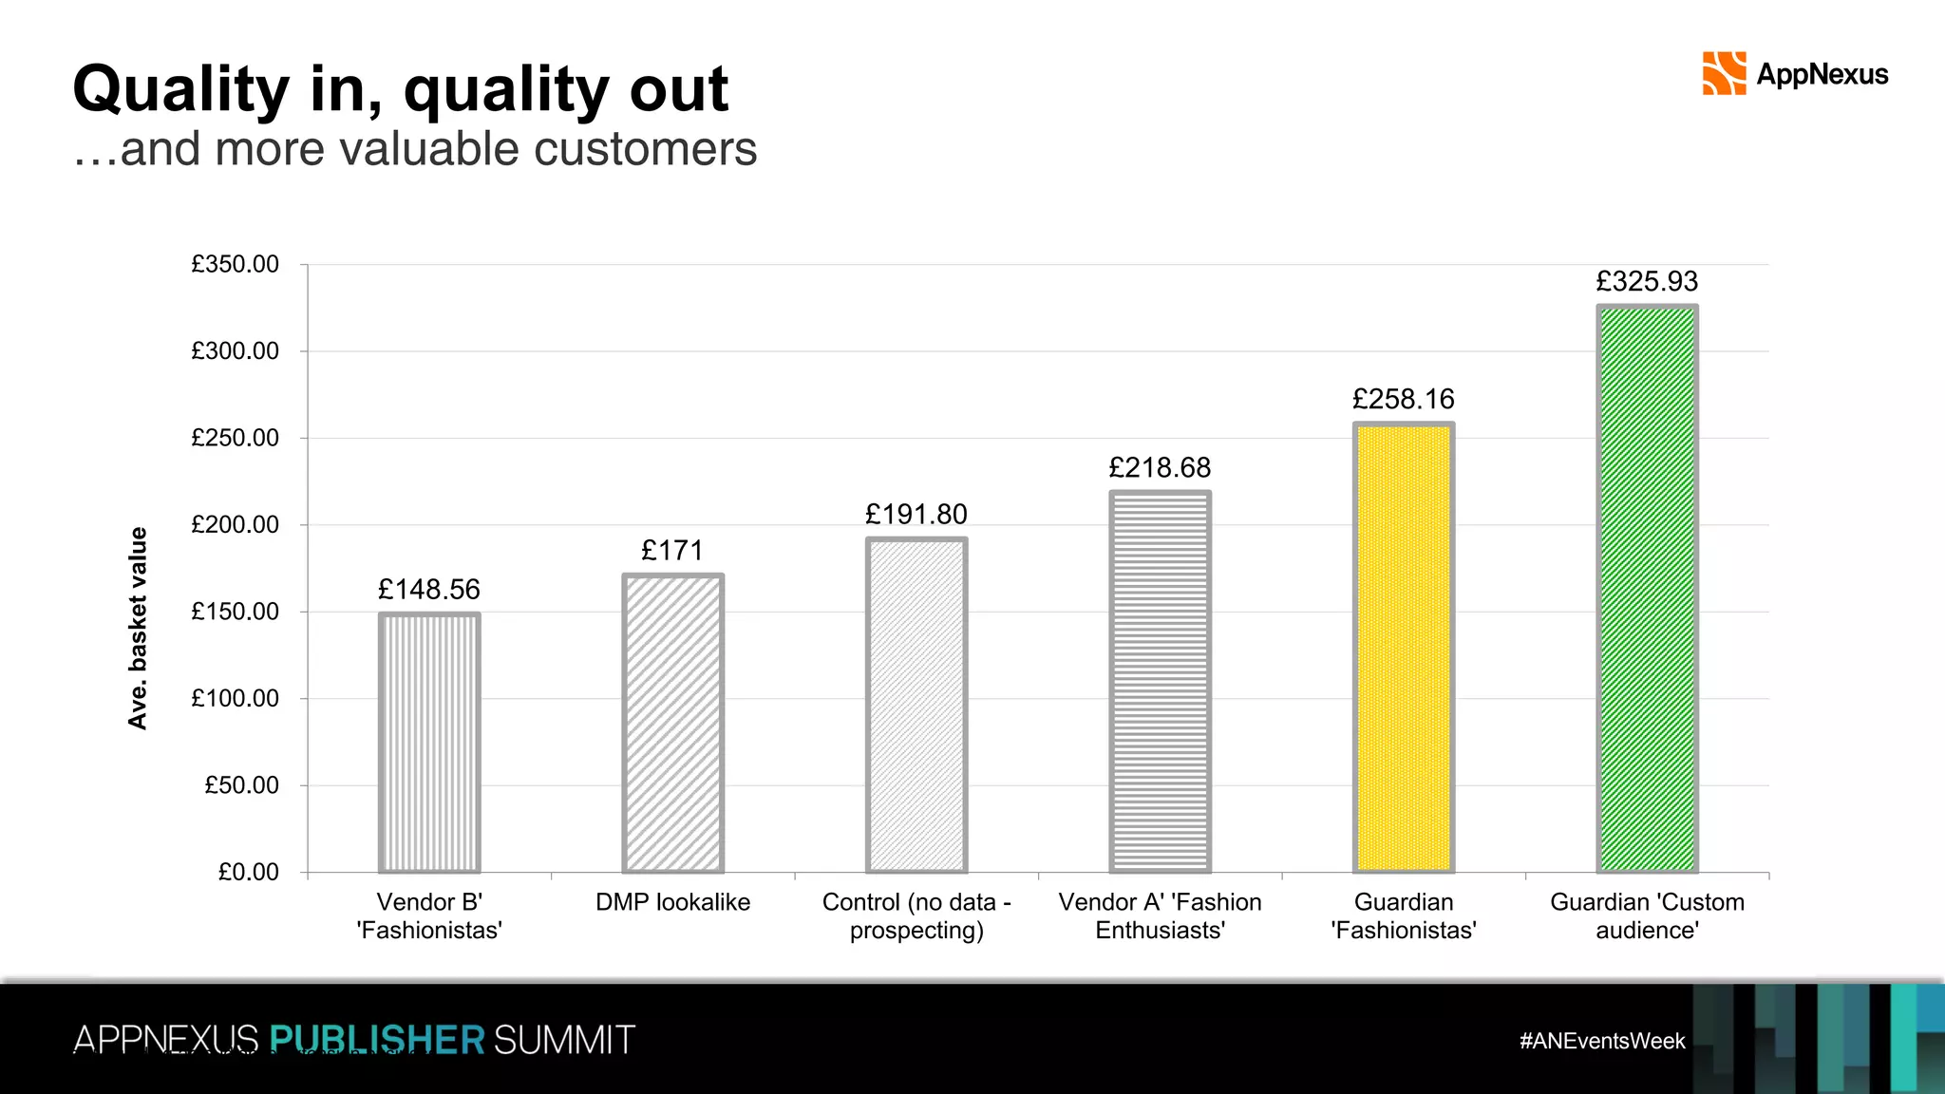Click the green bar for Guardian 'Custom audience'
pos(1647,589)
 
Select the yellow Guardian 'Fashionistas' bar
pos(1404,648)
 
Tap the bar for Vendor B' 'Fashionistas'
pos(429,743)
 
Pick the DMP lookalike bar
pos(672,724)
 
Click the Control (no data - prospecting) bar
pos(916,705)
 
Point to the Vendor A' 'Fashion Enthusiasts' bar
pos(1160,682)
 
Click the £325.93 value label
pos(1647,282)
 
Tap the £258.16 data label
pos(1403,400)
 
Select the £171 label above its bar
pos(672,551)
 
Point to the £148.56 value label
pos(429,590)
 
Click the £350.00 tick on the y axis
pos(235,264)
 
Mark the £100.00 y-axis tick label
pos(235,699)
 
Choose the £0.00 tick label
pos(248,872)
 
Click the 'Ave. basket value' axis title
pos(138,629)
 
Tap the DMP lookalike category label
pos(672,902)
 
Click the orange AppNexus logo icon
pos(1724,74)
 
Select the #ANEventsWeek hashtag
pos(1602,1041)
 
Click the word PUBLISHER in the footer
pos(377,1040)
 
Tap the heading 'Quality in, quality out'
pos(400,89)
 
